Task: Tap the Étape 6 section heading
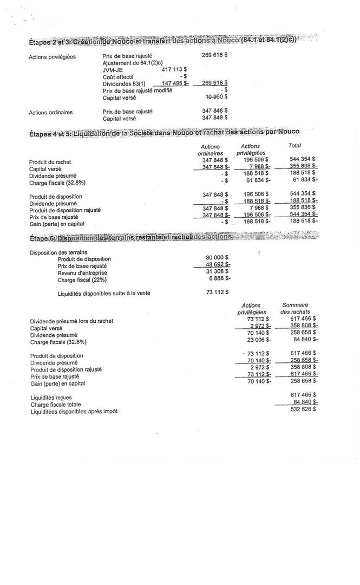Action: pos(130,237)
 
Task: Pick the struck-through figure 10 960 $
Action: pos(216,97)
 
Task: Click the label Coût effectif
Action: pos(118,77)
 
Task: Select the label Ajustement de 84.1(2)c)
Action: pos(133,63)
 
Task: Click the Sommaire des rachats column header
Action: pos(295,309)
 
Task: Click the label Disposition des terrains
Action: pos(58,252)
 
